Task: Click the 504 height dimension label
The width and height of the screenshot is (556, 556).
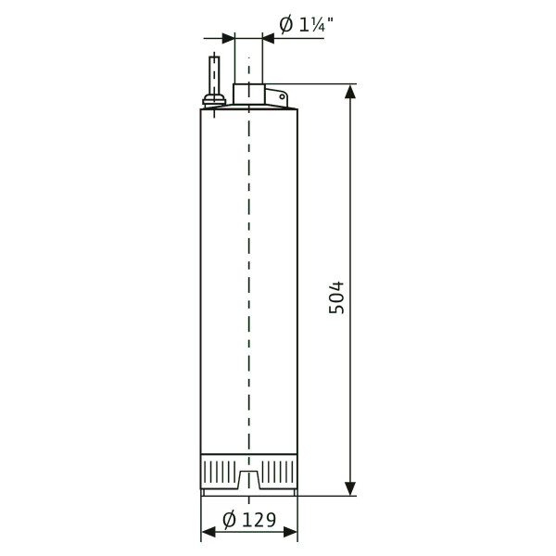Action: pyautogui.click(x=336, y=297)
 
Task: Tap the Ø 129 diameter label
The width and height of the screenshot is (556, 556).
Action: pyautogui.click(x=249, y=520)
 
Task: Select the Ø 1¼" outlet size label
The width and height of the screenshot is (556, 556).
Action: pyautogui.click(x=307, y=24)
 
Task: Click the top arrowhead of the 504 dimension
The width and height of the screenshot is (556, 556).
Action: pyautogui.click(x=350, y=91)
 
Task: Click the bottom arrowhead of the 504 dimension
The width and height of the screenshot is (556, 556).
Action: pyautogui.click(x=350, y=488)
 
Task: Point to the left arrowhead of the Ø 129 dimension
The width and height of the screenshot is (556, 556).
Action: pyautogui.click(x=208, y=532)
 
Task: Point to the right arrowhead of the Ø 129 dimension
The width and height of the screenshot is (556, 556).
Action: pyautogui.click(x=290, y=532)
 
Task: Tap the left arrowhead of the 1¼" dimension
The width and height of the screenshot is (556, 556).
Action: pyautogui.click(x=228, y=38)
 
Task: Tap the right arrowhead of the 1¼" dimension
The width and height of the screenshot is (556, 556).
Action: pyautogui.click(x=269, y=38)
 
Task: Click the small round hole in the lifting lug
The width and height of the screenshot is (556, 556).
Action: pyautogui.click(x=283, y=96)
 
